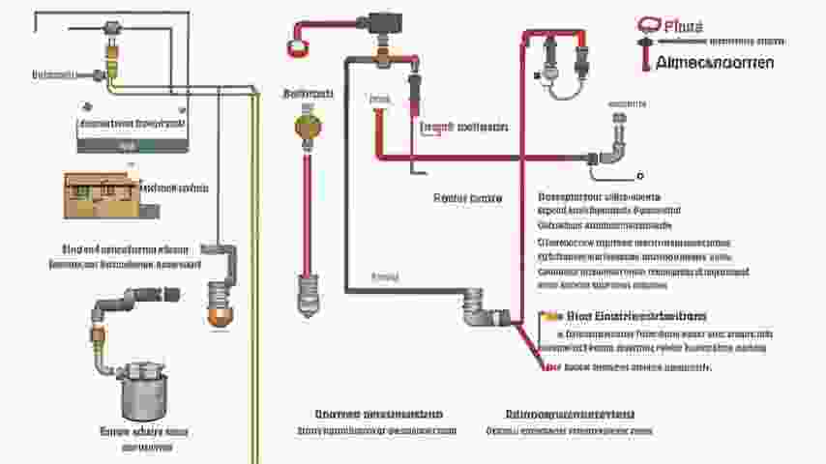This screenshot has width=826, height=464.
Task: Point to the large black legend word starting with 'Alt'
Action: (x=714, y=63)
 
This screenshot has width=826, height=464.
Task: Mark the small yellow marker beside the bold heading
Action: (x=552, y=316)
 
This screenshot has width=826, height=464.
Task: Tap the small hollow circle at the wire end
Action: (x=639, y=177)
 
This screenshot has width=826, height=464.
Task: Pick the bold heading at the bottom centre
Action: (x=372, y=414)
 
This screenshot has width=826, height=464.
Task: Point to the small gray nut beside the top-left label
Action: (x=98, y=74)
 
